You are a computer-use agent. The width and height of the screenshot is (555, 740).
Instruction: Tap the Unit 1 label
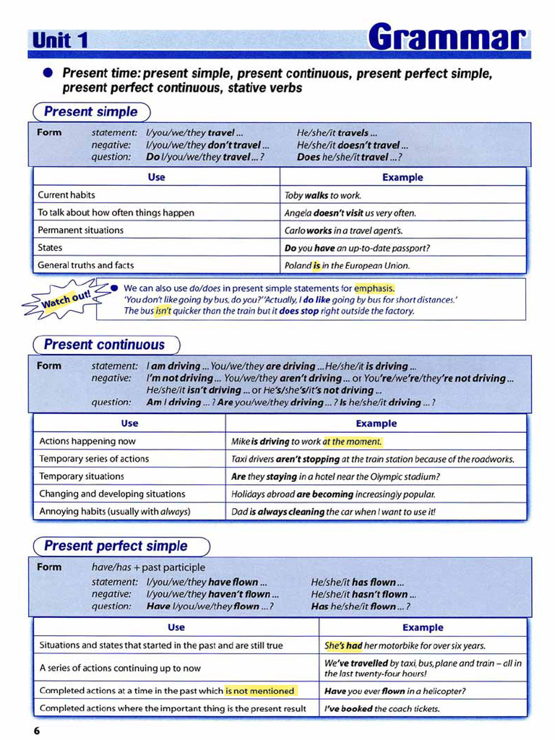[x=60, y=40]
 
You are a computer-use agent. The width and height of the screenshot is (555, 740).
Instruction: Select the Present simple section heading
[x=90, y=112]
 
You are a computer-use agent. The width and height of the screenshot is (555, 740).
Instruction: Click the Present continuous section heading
[x=104, y=345]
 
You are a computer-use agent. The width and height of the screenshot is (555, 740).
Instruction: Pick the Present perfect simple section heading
[x=116, y=546]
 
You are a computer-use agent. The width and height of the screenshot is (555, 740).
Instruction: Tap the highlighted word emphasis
[x=374, y=288]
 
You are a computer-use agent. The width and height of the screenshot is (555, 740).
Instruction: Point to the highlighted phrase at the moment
[x=352, y=441]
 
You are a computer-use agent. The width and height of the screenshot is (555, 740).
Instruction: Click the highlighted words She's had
[x=343, y=645]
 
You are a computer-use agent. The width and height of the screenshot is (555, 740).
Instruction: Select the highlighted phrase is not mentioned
[x=260, y=690]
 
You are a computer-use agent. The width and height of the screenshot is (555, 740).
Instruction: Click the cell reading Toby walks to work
[x=323, y=195]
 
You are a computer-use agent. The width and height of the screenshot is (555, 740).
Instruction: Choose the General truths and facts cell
[x=86, y=265]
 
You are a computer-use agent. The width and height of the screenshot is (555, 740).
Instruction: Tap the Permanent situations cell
[x=80, y=230]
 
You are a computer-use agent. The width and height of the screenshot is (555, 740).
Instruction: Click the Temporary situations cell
[x=82, y=476]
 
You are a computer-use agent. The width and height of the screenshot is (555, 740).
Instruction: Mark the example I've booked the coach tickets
[x=382, y=708]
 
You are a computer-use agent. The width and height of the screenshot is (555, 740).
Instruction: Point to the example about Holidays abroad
[x=333, y=494]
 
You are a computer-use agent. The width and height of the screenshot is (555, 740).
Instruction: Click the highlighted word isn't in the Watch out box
[x=163, y=311]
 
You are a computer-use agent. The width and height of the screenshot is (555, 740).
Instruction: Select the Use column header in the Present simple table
[x=156, y=177]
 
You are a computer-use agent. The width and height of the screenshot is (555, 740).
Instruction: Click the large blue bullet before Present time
[x=48, y=73]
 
